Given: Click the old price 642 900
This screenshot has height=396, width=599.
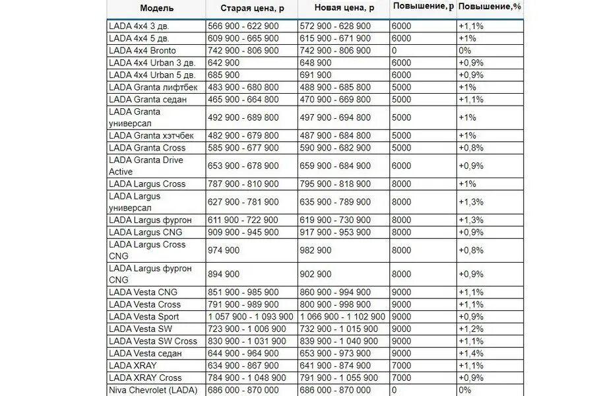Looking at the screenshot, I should pos(224,62).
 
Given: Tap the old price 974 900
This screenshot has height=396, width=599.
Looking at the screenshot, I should pos(224,250).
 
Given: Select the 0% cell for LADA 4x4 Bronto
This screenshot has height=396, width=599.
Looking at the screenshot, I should pos(464,50).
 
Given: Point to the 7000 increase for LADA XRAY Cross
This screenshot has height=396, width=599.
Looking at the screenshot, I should pos(401,378).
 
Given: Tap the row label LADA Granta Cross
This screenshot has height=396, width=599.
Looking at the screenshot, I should pos(147,148).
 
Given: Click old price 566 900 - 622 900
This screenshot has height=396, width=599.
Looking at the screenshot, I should pos(243,26).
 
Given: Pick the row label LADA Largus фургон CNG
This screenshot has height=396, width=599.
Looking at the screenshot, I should pos(150,274).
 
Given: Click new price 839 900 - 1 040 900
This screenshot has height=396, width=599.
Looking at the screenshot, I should pos(339,341).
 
